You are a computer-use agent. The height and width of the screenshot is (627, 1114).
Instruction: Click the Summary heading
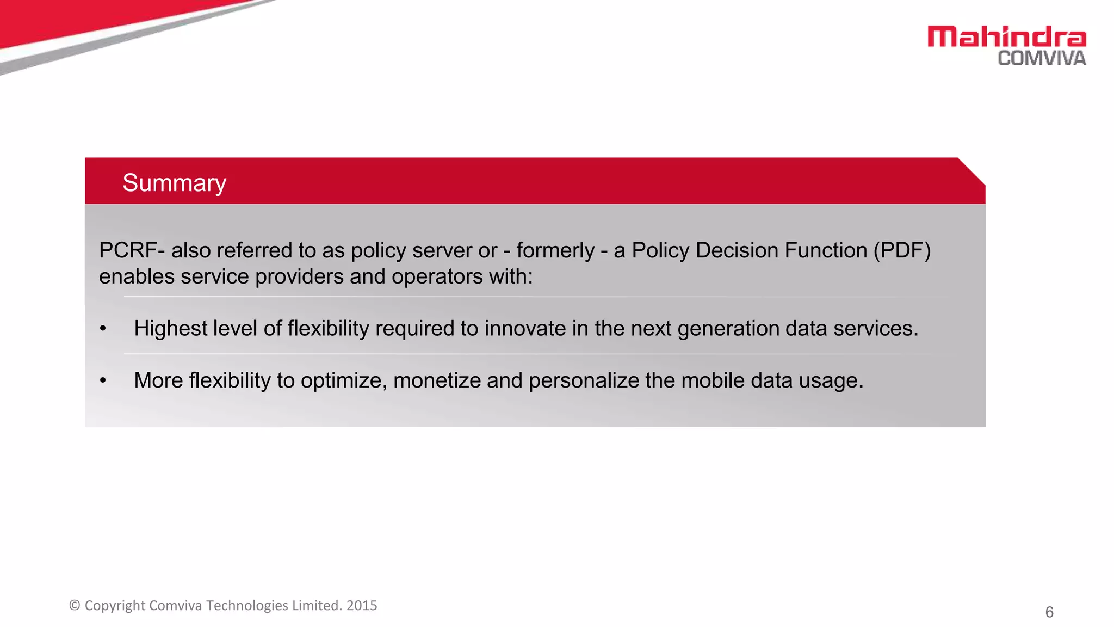[174, 183]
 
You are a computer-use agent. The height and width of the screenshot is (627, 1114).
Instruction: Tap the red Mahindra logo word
[1006, 37]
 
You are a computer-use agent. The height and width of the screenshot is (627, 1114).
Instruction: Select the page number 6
[1049, 612]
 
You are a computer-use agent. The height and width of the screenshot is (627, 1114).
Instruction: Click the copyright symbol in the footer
[75, 605]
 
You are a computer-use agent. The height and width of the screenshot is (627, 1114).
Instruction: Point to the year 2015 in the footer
[362, 605]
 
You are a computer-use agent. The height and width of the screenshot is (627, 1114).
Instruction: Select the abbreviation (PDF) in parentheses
[902, 250]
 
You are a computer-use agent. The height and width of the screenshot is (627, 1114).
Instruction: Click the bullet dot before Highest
[103, 329]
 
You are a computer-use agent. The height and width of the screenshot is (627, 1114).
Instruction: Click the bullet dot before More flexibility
[103, 380]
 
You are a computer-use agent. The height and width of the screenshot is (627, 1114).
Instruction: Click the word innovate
[525, 329]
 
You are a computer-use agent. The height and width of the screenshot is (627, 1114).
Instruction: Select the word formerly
[555, 250]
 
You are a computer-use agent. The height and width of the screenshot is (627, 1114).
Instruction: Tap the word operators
[437, 276]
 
